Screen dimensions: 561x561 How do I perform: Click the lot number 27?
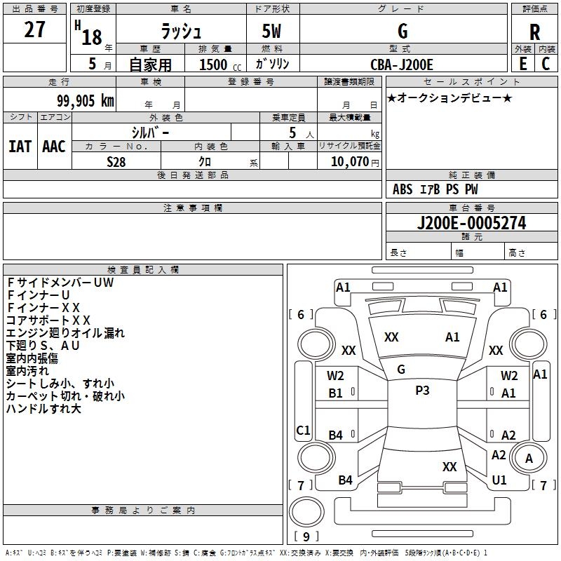click(34, 29)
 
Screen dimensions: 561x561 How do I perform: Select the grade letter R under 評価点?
click(534, 32)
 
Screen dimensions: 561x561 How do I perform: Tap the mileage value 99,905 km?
click(86, 101)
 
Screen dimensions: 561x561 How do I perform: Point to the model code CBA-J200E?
click(401, 65)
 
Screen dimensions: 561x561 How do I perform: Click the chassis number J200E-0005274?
click(471, 223)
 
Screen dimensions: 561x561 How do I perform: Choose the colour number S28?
click(116, 162)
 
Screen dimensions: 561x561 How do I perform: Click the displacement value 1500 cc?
click(220, 65)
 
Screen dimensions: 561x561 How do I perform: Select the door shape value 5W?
click(271, 31)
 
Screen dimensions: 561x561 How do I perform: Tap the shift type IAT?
click(20, 147)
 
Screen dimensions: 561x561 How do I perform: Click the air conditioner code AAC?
click(54, 147)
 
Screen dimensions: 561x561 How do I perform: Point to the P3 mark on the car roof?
click(422, 390)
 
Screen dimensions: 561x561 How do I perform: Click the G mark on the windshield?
click(401, 370)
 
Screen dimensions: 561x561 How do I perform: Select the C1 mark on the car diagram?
click(303, 430)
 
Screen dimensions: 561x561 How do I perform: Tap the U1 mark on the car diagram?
click(499, 480)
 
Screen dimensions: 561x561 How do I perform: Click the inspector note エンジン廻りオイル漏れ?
click(65, 333)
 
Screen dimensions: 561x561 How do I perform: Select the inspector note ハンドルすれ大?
click(43, 409)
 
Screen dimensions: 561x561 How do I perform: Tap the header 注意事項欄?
click(193, 208)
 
